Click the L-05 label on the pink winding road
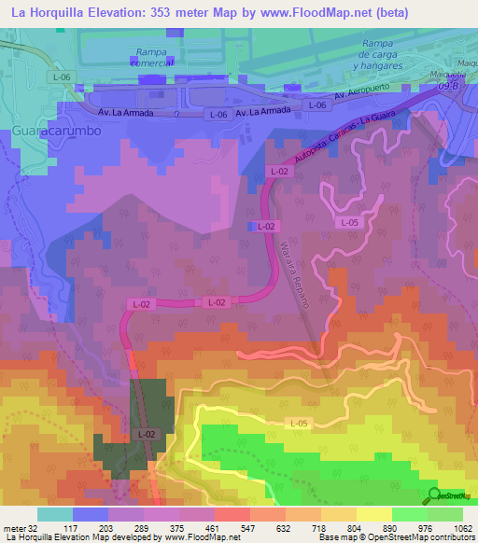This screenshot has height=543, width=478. click(x=349, y=222)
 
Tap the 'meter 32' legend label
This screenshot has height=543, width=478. click(x=18, y=527)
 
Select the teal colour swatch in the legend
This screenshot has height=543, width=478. click(x=54, y=514)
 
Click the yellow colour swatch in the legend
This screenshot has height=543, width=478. click(x=373, y=514)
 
